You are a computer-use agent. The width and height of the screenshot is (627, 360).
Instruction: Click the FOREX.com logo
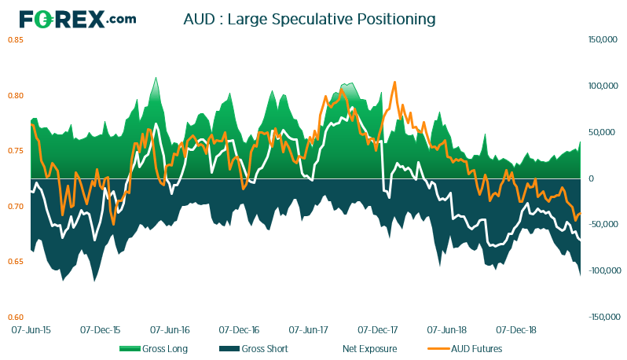click(78, 19)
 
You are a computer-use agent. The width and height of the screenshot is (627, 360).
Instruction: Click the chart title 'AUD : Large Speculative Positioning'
click(310, 19)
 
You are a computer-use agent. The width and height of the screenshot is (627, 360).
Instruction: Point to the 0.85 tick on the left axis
click(16, 40)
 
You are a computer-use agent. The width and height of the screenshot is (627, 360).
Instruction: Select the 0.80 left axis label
click(16, 96)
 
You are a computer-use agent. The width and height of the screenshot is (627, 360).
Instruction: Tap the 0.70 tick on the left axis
click(16, 207)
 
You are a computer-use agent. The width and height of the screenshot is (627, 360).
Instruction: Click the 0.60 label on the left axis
click(16, 318)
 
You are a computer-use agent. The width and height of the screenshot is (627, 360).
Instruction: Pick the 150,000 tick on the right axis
click(603, 40)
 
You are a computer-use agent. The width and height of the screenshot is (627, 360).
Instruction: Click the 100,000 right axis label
click(603, 86)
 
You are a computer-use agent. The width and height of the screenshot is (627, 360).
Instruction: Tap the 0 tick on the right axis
click(591, 178)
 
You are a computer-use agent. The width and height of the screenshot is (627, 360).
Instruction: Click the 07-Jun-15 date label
click(31, 330)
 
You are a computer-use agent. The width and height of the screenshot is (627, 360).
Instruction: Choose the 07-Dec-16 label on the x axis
click(239, 330)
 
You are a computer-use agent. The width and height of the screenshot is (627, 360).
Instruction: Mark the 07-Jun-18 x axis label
click(446, 330)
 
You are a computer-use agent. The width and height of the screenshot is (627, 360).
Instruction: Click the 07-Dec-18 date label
click(516, 330)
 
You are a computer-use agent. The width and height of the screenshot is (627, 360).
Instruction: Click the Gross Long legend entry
click(153, 349)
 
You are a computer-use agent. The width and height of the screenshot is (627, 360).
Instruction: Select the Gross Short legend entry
click(254, 349)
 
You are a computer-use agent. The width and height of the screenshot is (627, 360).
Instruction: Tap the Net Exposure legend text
click(369, 349)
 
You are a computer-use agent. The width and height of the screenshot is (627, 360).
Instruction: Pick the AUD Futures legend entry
click(464, 349)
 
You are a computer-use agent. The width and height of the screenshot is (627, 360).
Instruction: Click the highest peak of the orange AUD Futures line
click(394, 82)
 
